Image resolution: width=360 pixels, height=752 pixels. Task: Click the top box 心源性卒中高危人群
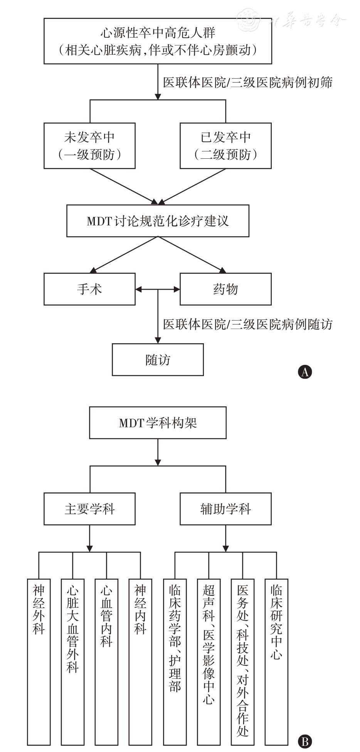click(158, 41)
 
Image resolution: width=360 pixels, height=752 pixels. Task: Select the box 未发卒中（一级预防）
click(89, 146)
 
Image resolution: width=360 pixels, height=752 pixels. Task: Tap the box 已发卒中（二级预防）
click(225, 146)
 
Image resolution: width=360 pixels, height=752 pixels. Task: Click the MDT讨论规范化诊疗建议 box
click(158, 221)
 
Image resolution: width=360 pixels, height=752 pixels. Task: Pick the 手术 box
click(89, 289)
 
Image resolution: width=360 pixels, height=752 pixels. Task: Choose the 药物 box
click(225, 289)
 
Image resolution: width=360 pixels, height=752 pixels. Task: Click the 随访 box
click(158, 359)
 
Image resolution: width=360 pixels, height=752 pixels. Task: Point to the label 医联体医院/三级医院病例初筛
click(247, 82)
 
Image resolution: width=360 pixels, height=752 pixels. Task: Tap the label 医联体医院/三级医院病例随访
click(247, 324)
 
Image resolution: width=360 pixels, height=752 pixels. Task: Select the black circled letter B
click(305, 742)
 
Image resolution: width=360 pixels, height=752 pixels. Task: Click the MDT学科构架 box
click(158, 423)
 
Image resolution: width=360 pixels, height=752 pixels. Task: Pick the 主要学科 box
click(89, 509)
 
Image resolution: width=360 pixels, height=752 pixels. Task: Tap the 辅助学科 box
click(225, 509)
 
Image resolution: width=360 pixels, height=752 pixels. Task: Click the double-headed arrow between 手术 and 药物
click(158, 289)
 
